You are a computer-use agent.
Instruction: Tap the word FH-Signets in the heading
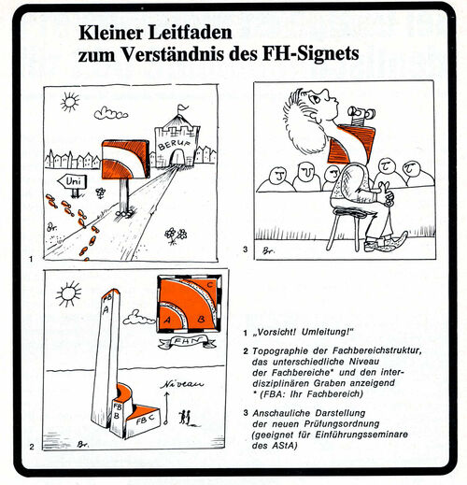[x=310, y=53]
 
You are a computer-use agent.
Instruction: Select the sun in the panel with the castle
[x=70, y=102]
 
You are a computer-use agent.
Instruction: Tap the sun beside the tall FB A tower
[x=68, y=293]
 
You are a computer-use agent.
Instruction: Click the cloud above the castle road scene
[x=110, y=113]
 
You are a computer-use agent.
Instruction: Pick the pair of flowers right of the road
[x=176, y=235]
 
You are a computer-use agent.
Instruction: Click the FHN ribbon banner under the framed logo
[x=187, y=341]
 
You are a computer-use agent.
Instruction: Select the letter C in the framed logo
[x=210, y=285]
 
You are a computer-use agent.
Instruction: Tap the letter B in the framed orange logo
[x=201, y=319]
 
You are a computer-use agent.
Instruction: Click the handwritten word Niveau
[x=182, y=384]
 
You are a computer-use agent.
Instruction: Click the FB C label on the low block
[x=145, y=419]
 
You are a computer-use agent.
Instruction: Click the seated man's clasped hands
[x=385, y=193]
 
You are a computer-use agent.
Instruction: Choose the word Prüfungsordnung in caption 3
[x=342, y=424]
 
